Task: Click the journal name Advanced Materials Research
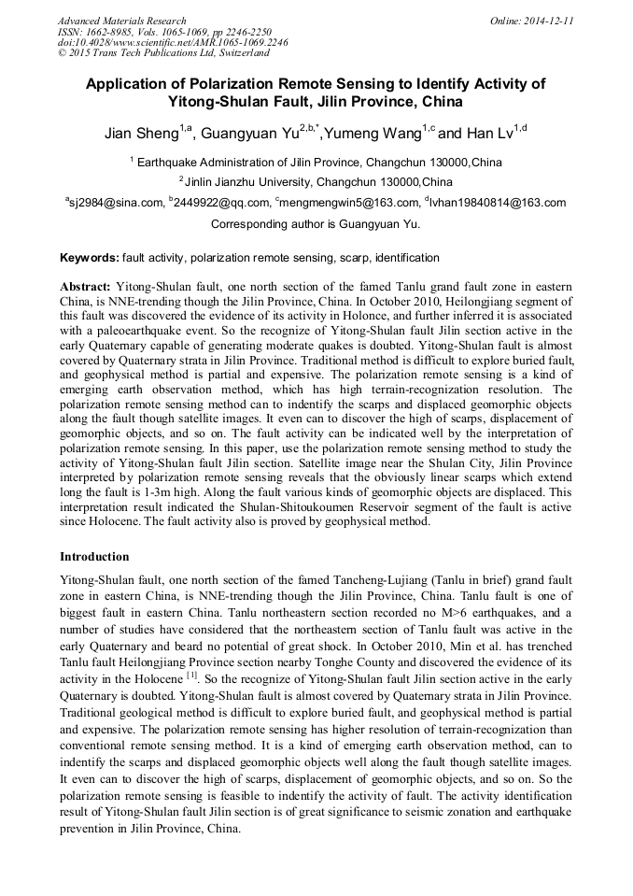point(121,21)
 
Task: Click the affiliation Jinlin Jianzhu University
point(318,181)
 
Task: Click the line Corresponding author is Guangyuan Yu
point(316,224)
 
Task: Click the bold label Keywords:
point(90,258)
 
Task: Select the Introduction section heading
point(94,557)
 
